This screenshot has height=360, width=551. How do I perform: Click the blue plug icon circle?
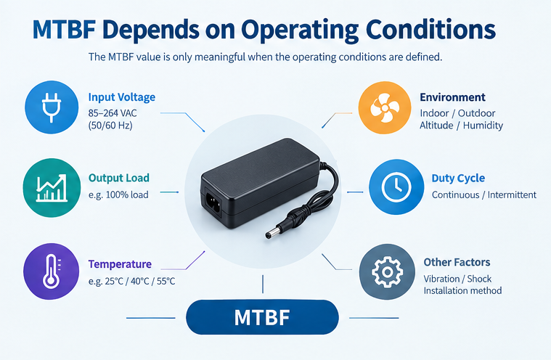(x=52, y=107)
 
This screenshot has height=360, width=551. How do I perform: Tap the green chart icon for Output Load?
(x=52, y=188)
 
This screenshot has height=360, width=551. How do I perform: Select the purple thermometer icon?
(x=52, y=271)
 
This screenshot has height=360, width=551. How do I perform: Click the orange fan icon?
(x=385, y=108)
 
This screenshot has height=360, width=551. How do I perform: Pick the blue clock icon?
(x=396, y=187)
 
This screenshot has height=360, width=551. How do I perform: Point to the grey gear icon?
(x=387, y=272)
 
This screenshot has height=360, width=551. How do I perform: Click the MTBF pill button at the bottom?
(x=262, y=317)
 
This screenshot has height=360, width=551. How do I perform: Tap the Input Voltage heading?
(x=121, y=97)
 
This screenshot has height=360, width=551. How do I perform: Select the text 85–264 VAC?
(x=113, y=113)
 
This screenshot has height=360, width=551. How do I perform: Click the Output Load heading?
(x=119, y=178)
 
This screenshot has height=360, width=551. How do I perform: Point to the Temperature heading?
(x=120, y=264)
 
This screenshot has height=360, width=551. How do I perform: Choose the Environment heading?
(x=452, y=97)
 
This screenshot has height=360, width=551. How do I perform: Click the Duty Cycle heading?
(x=458, y=178)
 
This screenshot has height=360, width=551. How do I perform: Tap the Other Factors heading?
(x=457, y=262)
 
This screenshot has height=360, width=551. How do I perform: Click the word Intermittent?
(x=512, y=195)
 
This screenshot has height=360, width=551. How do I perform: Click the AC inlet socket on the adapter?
(x=212, y=203)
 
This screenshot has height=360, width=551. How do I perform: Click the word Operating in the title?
(x=300, y=30)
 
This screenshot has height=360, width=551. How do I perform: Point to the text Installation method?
(x=462, y=291)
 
